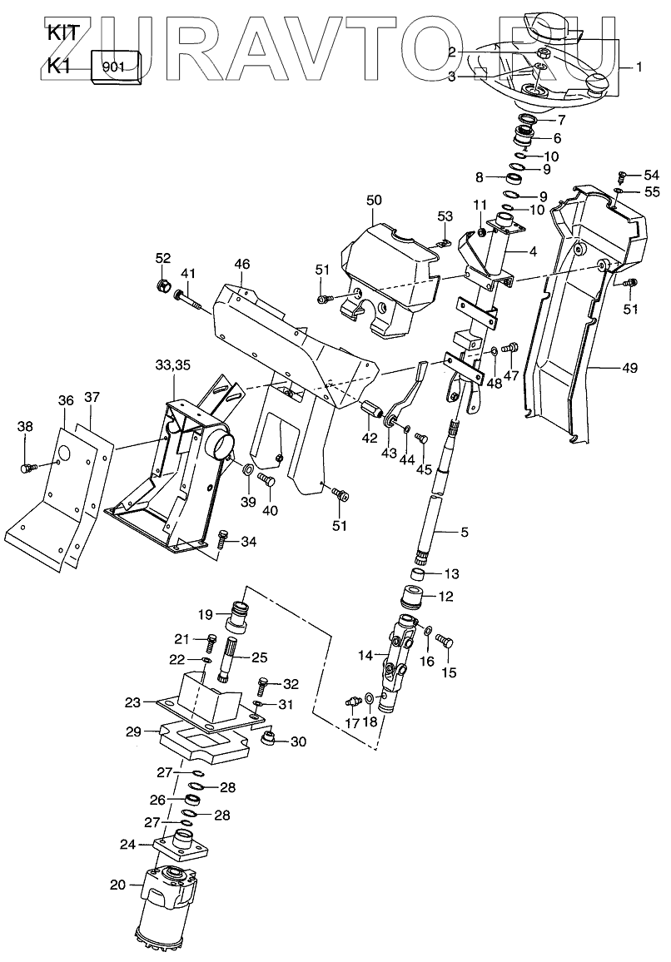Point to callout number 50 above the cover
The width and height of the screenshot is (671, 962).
(x=374, y=200)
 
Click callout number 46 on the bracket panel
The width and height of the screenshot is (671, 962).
(x=241, y=265)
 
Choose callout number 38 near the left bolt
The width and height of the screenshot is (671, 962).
(x=25, y=427)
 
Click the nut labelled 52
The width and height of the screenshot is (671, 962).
(x=164, y=287)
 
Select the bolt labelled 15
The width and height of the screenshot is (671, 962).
(x=444, y=642)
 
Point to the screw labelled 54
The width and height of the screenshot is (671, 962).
(x=622, y=176)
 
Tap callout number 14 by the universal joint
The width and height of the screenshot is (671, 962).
(x=365, y=655)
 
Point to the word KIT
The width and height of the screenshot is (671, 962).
(x=63, y=33)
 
